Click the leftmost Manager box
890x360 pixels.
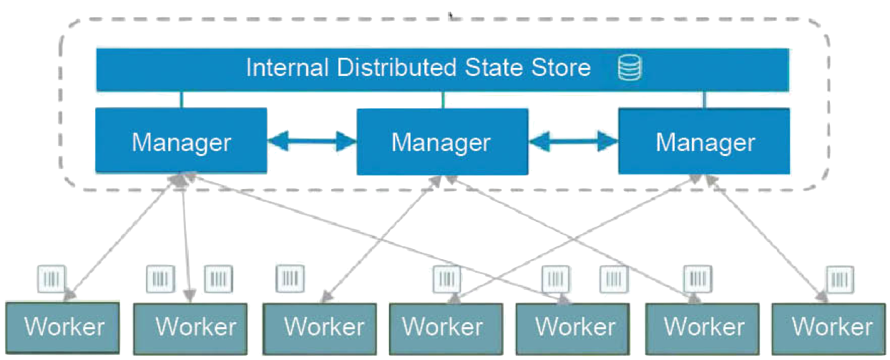tap(181, 141)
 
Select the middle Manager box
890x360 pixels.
tap(442, 141)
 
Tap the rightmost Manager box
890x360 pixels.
tap(704, 141)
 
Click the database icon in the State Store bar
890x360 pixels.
tap(630, 68)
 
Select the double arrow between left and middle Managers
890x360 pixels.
tap(312, 142)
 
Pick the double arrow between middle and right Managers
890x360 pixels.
tap(574, 140)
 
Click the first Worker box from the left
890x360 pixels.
tap(64, 328)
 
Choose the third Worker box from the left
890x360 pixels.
tap(319, 328)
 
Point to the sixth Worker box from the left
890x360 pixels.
tap(701, 328)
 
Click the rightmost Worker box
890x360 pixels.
tap(830, 328)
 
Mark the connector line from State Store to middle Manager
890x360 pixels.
tap(444, 100)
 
